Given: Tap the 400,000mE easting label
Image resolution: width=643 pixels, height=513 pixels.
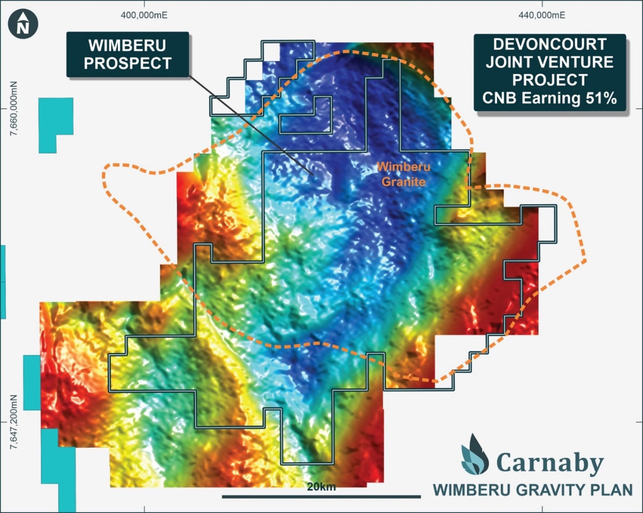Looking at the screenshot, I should tap(144, 15).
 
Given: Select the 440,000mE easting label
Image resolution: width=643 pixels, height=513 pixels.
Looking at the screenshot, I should tap(542, 15).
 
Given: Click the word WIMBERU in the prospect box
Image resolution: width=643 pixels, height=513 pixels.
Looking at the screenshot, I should tap(127, 46).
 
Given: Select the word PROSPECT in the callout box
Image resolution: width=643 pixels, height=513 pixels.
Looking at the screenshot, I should tap(127, 63).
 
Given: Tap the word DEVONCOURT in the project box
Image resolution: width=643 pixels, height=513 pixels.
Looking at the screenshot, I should tap(549, 44).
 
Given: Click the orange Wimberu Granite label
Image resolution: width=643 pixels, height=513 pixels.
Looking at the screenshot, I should tap(403, 174).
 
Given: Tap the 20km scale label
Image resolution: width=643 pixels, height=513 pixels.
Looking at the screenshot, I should tap(321, 487).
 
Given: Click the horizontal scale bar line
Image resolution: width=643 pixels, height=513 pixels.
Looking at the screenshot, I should tap(321, 497).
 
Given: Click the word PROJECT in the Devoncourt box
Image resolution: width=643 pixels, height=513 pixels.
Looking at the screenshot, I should tap(550, 80).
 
